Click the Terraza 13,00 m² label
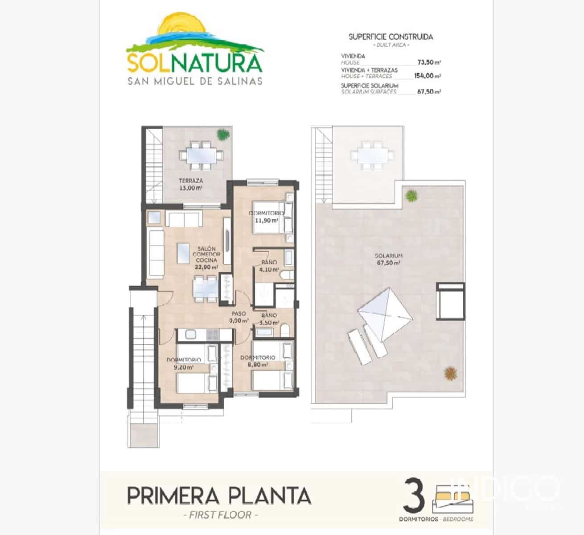pyautogui.click(x=191, y=184)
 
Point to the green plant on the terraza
pyautogui.click(x=222, y=134)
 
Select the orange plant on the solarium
pyautogui.click(x=451, y=373)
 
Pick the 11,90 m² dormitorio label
pyautogui.click(x=266, y=217)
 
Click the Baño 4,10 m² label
pyautogui.click(x=269, y=266)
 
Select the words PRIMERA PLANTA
pyautogui.click(x=219, y=496)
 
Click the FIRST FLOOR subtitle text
pyautogui.click(x=220, y=515)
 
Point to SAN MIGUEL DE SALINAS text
pyautogui.click(x=195, y=81)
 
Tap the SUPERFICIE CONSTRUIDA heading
pyautogui.click(x=391, y=37)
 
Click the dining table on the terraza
pyautogui.click(x=200, y=156)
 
